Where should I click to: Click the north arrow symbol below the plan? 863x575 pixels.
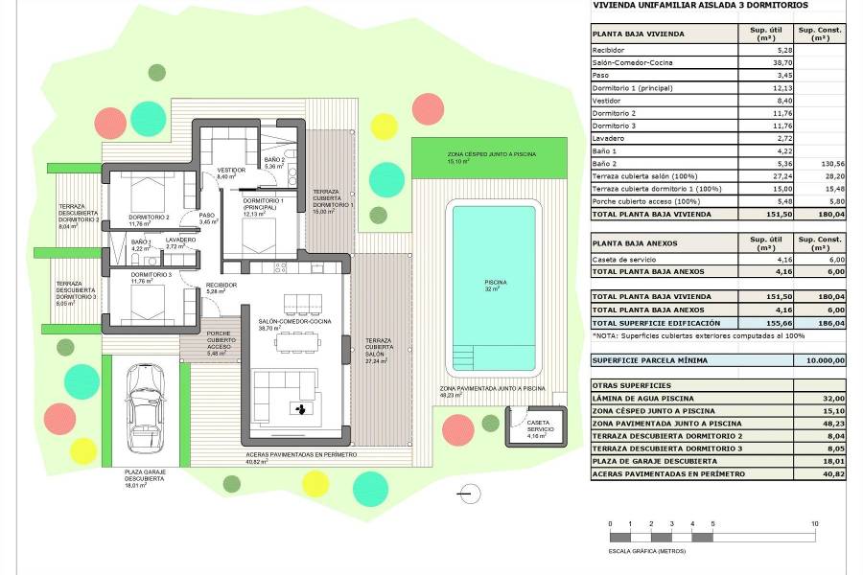tap(467, 494)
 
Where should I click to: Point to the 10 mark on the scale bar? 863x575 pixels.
tap(814, 524)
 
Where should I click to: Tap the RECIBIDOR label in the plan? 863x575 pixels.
tap(222, 285)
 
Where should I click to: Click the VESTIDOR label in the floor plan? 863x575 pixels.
tap(231, 171)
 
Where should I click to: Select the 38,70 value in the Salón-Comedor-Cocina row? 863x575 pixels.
tap(767, 62)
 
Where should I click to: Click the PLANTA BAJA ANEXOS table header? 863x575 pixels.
tap(635, 243)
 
